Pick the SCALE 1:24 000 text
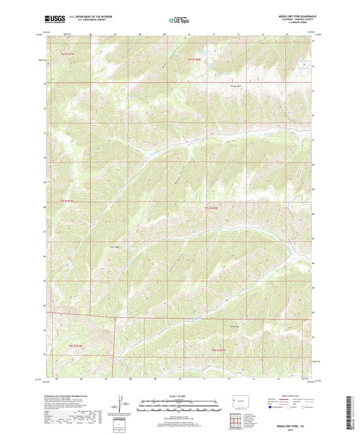click(x=179, y=396)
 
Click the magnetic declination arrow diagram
click(x=124, y=405)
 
